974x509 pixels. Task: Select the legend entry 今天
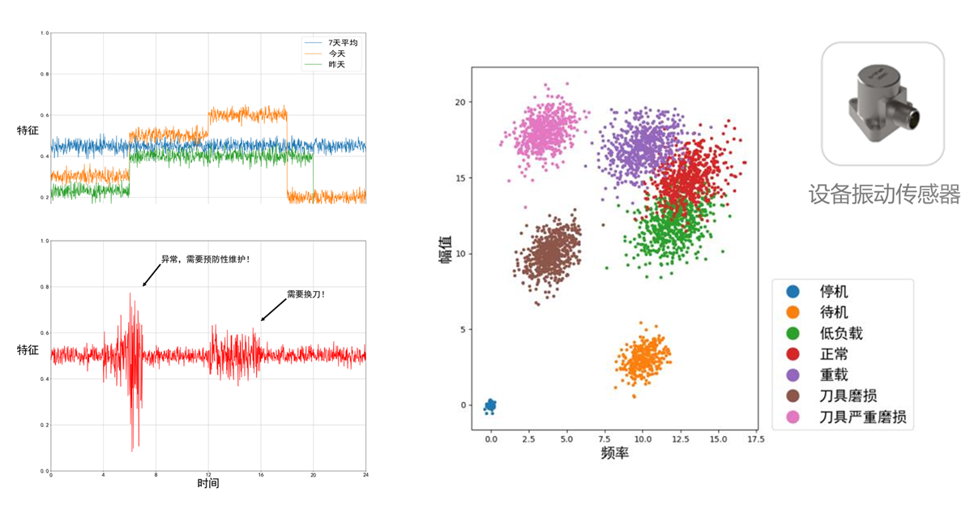(335, 53)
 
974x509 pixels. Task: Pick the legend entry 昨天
(335, 64)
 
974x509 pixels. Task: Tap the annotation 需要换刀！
(305, 294)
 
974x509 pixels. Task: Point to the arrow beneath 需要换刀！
(273, 310)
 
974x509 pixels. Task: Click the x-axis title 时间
(208, 483)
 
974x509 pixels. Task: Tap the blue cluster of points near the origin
(490, 405)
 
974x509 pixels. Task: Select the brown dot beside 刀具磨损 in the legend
(792, 397)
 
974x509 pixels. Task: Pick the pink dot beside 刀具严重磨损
(792, 418)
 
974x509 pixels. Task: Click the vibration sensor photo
(882, 104)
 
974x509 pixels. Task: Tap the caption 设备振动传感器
(883, 195)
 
